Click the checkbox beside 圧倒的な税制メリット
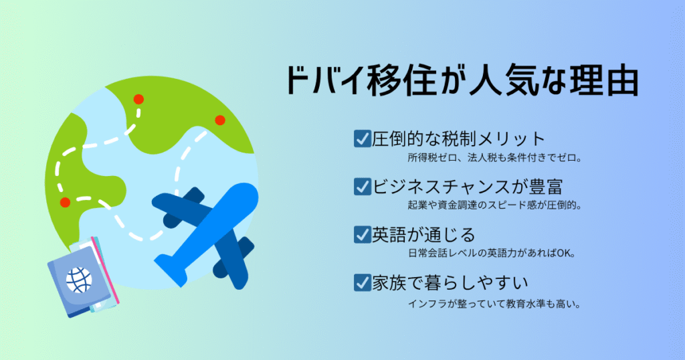click(362, 139)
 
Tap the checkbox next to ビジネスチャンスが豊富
click(362, 187)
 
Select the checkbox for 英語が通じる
click(362, 235)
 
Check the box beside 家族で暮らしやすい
click(362, 282)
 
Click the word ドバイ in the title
click(326, 81)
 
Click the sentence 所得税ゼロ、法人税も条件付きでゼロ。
click(494, 158)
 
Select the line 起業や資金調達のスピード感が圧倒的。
click(494, 205)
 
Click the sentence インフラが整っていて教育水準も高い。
click(494, 304)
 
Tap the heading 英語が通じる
click(423, 235)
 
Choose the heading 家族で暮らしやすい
click(450, 283)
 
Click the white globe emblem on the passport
click(79, 279)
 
